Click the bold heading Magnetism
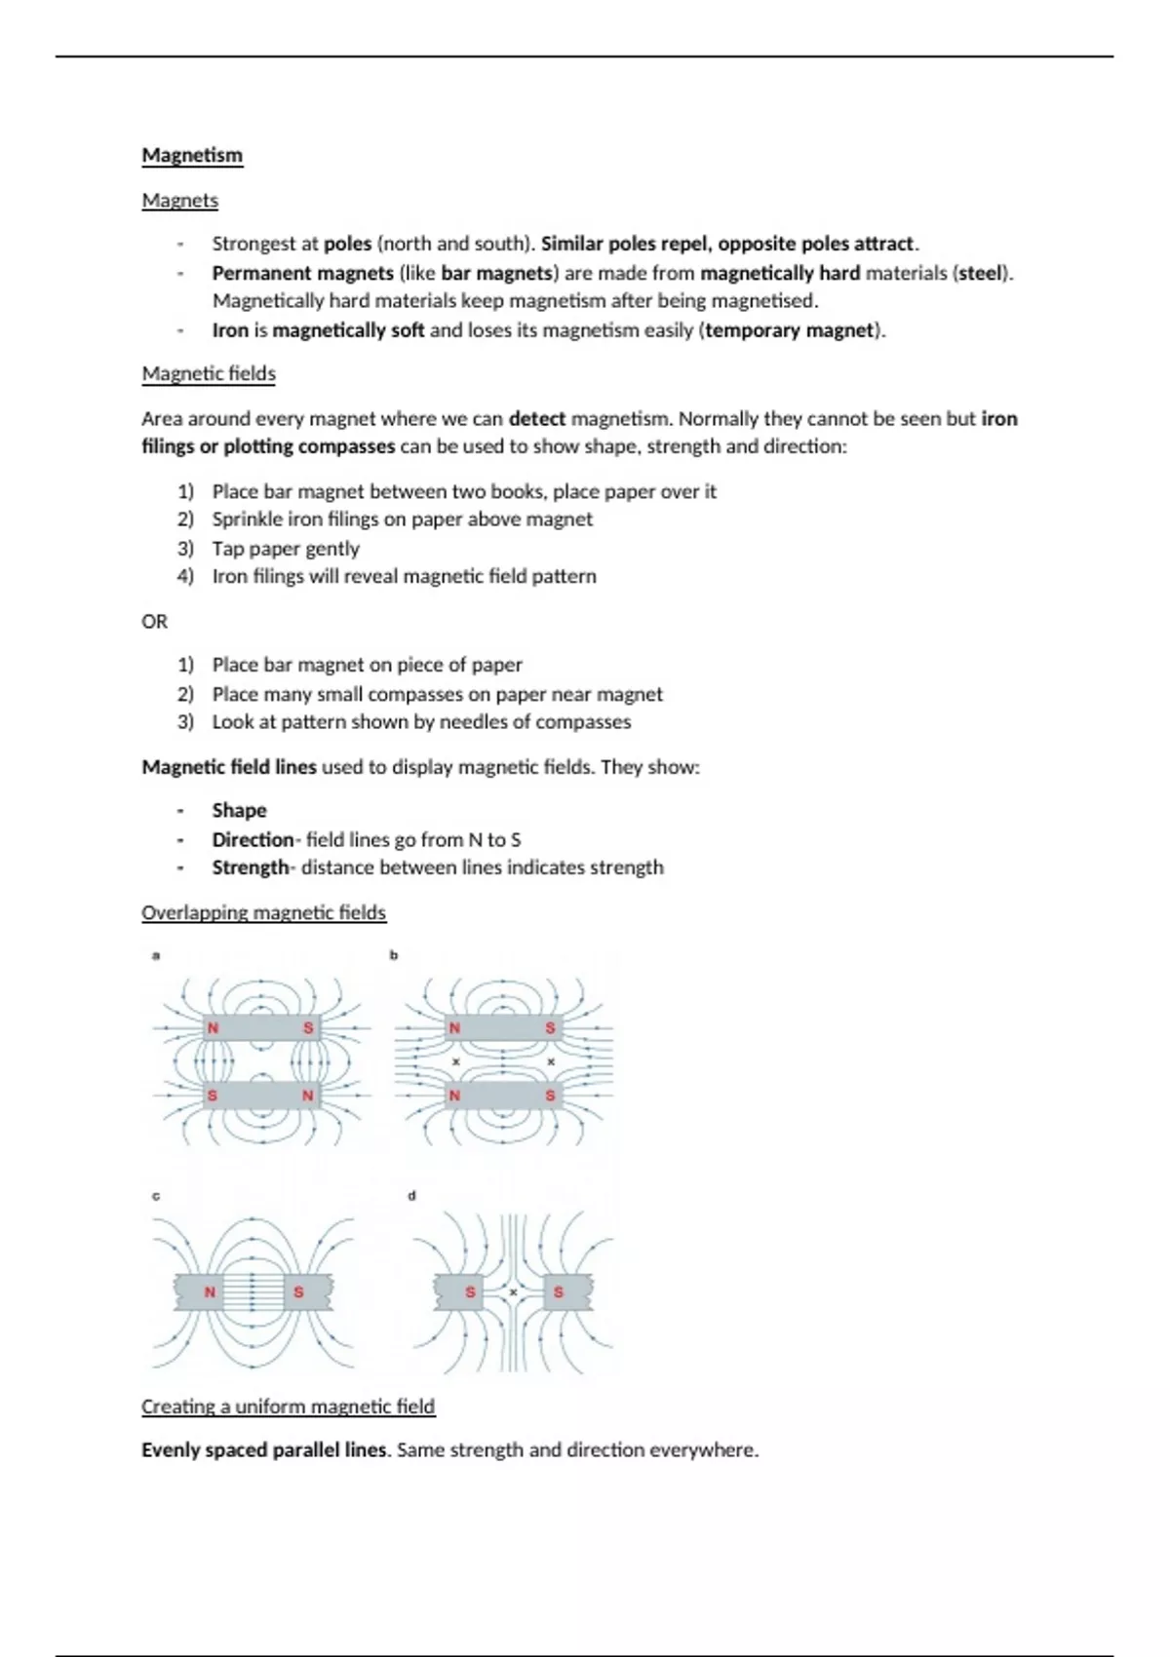[x=192, y=155]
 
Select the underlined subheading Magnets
[x=179, y=200]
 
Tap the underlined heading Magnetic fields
[x=209, y=373]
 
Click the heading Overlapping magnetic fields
[x=263, y=912]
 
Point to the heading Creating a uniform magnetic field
[x=288, y=1406]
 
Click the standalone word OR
[x=154, y=621]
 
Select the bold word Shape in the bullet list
[x=239, y=810]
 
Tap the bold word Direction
[x=253, y=839]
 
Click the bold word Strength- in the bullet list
[x=253, y=867]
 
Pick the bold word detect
[x=536, y=419]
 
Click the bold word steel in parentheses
[x=980, y=273]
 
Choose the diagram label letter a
[x=156, y=955]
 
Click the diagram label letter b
[x=394, y=955]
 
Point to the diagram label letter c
[x=156, y=1196]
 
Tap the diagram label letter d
[x=411, y=1195]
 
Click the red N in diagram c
[x=210, y=1291]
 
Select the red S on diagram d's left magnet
[x=470, y=1291]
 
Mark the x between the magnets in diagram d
[x=514, y=1291]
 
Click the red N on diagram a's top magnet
[x=213, y=1027]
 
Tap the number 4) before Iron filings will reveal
[x=185, y=576]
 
